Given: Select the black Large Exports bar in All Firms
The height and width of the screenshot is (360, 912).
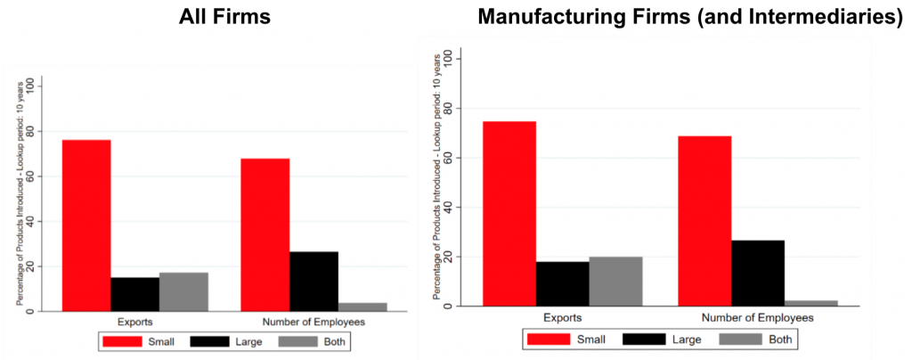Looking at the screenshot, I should coord(135,294).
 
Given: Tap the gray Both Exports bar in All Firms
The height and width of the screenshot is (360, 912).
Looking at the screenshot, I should coord(183,291).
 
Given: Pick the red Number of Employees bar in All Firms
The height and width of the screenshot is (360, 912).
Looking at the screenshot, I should coord(265,234).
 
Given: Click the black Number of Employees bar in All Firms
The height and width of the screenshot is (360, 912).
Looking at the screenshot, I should coord(313,281).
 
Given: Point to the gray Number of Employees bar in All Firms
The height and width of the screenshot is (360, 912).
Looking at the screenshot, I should coord(362,307).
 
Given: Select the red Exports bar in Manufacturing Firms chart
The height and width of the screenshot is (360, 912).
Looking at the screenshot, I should coord(509,214).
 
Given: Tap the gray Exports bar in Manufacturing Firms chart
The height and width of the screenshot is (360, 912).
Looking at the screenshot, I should coord(615,281).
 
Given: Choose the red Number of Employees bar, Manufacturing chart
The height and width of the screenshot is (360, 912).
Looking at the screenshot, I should coord(704,221).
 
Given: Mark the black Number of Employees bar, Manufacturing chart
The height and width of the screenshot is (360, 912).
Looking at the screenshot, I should coord(758,273).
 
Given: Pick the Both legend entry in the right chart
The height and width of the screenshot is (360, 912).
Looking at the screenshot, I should coord(762,339).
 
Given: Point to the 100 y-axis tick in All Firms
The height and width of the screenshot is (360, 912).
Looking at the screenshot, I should coord(32,86).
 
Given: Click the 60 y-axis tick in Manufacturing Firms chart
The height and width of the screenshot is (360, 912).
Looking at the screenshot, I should coord(443,158).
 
